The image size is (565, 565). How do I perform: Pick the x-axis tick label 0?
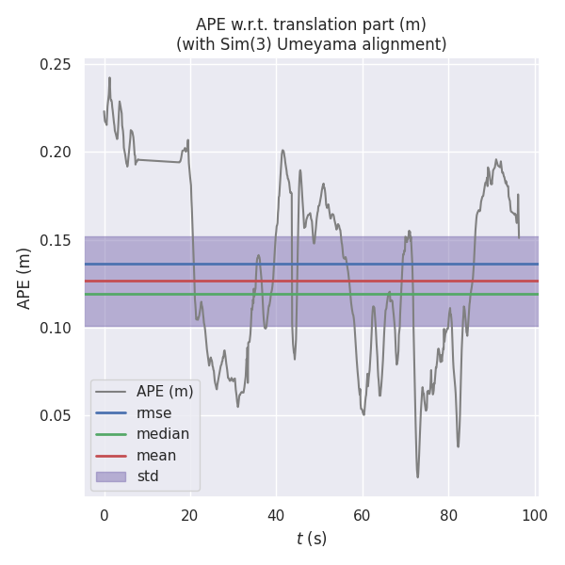(105, 515)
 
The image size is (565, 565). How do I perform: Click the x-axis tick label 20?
(190, 515)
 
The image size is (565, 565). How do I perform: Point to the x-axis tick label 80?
(449, 515)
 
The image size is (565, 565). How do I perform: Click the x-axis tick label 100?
(535, 515)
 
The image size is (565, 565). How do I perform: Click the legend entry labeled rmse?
(154, 412)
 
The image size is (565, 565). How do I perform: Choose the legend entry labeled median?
(163, 434)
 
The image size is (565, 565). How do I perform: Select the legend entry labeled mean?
(156, 456)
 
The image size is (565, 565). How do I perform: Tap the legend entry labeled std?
(148, 476)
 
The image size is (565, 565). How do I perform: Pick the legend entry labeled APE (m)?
(165, 391)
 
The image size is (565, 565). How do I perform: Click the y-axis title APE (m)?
(25, 278)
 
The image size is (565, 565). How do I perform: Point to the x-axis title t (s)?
(311, 540)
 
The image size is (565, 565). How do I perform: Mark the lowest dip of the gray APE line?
(418, 476)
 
